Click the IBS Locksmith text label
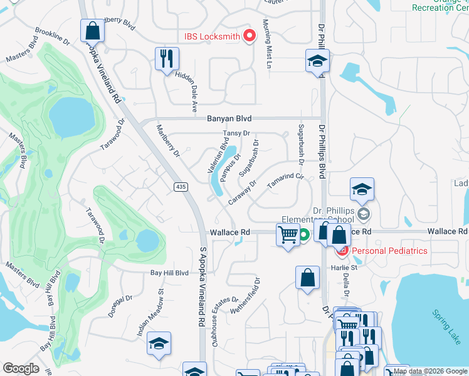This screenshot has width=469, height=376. [211, 36]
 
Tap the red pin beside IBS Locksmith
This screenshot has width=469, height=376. [250, 36]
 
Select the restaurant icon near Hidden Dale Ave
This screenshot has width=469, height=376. [167, 59]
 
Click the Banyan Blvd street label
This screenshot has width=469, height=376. [229, 118]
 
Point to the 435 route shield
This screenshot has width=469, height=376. [179, 187]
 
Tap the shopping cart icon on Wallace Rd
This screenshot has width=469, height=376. [288, 235]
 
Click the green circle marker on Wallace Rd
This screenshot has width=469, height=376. [303, 236]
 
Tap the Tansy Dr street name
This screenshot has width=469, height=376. [237, 133]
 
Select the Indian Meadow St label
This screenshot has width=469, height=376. [151, 312]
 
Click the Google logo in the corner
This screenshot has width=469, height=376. [21, 368]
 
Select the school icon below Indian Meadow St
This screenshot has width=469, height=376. [159, 343]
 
